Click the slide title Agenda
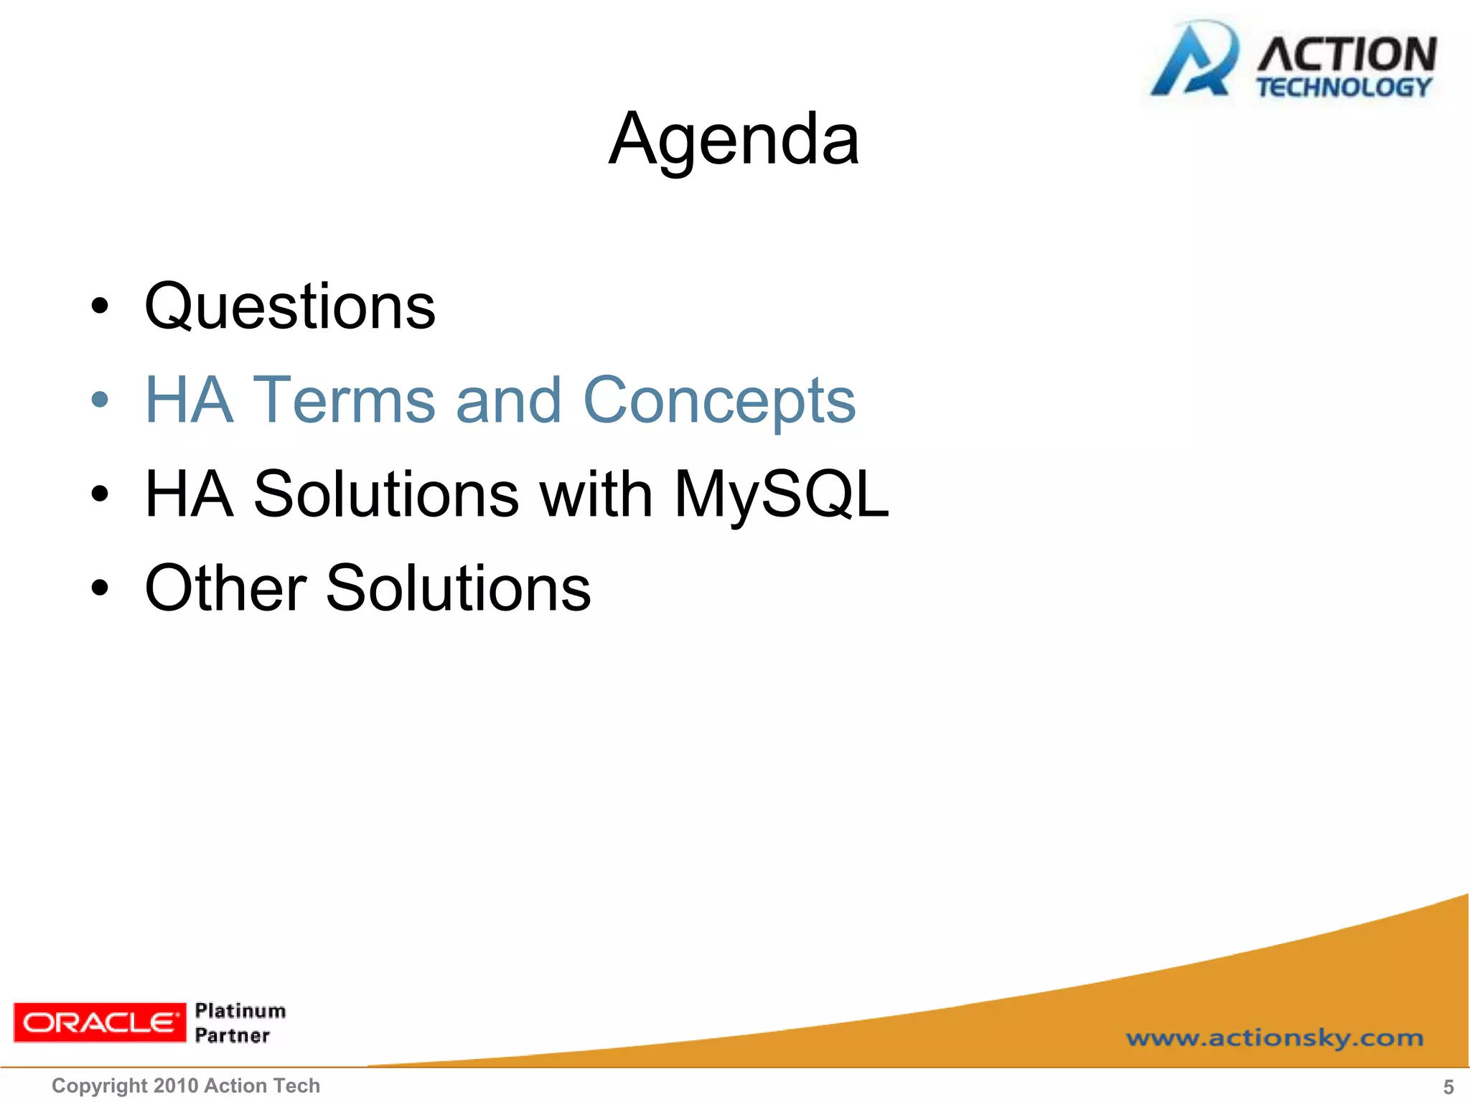pyautogui.click(x=734, y=140)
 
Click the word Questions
pyautogui.click(x=290, y=307)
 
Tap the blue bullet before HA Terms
pyautogui.click(x=100, y=400)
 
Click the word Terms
pyautogui.click(x=345, y=400)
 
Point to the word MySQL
pyautogui.click(x=781, y=494)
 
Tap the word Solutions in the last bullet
pyautogui.click(x=458, y=588)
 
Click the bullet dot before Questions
pyautogui.click(x=100, y=306)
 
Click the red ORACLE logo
pyautogui.click(x=100, y=1022)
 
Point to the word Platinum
pyautogui.click(x=240, y=1011)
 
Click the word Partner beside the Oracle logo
pyautogui.click(x=233, y=1035)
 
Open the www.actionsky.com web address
pyautogui.click(x=1274, y=1037)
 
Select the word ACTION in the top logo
pyautogui.click(x=1347, y=55)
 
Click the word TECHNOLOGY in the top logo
pyautogui.click(x=1344, y=88)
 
